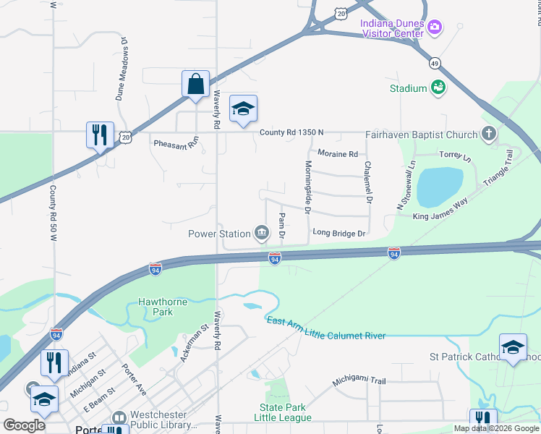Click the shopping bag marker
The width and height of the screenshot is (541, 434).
(195, 84)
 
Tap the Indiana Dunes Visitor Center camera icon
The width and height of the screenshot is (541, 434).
(435, 27)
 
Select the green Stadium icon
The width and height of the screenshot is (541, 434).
(437, 88)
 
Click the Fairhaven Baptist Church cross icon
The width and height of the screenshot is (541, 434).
(489, 134)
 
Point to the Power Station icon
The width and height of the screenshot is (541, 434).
(261, 233)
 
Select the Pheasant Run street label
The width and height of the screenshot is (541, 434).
(176, 143)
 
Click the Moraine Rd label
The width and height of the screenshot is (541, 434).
(338, 154)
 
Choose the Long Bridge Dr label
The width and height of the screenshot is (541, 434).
(340, 233)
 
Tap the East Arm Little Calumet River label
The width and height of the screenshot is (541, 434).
(325, 328)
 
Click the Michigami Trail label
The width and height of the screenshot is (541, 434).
(360, 381)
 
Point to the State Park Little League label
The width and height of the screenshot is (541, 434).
(286, 412)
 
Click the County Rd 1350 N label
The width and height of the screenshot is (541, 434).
(291, 132)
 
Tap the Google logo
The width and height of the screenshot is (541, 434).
(24, 425)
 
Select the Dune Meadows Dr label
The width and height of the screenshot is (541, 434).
(122, 69)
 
